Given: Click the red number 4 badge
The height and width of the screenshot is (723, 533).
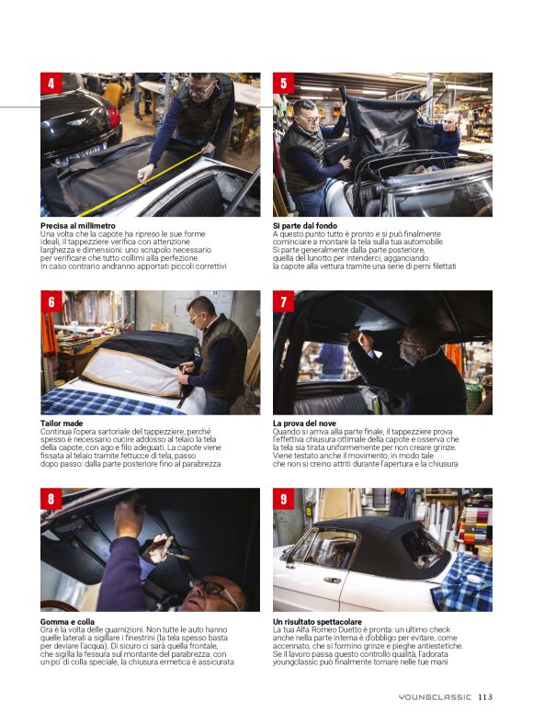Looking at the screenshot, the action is [51, 84].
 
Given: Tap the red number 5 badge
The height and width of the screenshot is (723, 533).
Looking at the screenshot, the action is [284, 84].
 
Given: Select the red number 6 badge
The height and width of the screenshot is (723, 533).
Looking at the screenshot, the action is [51, 301].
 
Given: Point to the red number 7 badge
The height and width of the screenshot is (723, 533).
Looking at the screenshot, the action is [284, 301].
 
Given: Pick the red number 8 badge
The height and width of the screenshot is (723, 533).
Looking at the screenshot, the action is [51, 499].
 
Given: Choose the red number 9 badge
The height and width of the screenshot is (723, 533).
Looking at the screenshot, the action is [284, 499].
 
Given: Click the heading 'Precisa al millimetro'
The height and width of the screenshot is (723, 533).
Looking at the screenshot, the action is [78, 226].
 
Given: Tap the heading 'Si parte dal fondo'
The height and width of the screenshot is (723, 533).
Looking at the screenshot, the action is [305, 226].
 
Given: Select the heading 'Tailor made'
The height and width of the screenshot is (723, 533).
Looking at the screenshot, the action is [62, 424].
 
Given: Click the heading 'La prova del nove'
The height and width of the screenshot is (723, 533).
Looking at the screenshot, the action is [304, 424].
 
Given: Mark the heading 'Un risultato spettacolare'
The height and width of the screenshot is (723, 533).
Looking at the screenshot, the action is [317, 622].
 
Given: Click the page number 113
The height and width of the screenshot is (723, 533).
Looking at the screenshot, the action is [485, 696].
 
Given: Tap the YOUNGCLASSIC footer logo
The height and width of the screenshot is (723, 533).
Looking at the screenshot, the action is [435, 697].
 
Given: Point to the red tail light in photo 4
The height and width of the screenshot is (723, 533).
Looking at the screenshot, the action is [113, 118].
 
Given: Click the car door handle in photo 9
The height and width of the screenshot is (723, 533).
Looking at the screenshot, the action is [332, 580].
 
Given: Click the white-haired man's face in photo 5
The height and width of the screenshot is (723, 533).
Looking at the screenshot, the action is [451, 122].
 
